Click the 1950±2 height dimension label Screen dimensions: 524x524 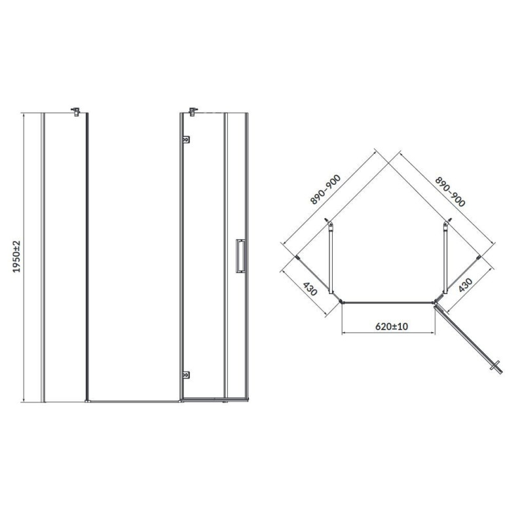pyautogui.click(x=17, y=257)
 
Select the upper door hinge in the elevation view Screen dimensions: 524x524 pyautogui.click(x=186, y=139)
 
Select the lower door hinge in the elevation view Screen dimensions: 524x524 pyautogui.click(x=186, y=375)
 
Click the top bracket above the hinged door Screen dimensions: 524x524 pyautogui.click(x=193, y=111)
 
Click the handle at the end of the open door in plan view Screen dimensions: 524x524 pyautogui.click(x=498, y=367)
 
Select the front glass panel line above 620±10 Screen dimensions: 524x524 pyautogui.click(x=388, y=302)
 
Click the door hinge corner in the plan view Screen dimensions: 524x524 pyautogui.click(x=436, y=302)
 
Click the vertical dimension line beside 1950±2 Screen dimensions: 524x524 pyautogui.click(x=24, y=257)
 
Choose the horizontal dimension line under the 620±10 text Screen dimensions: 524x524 pyautogui.click(x=388, y=334)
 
